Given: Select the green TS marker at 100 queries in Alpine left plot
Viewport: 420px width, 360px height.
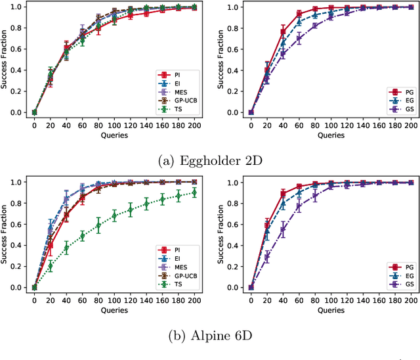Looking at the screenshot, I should click(115, 215).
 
